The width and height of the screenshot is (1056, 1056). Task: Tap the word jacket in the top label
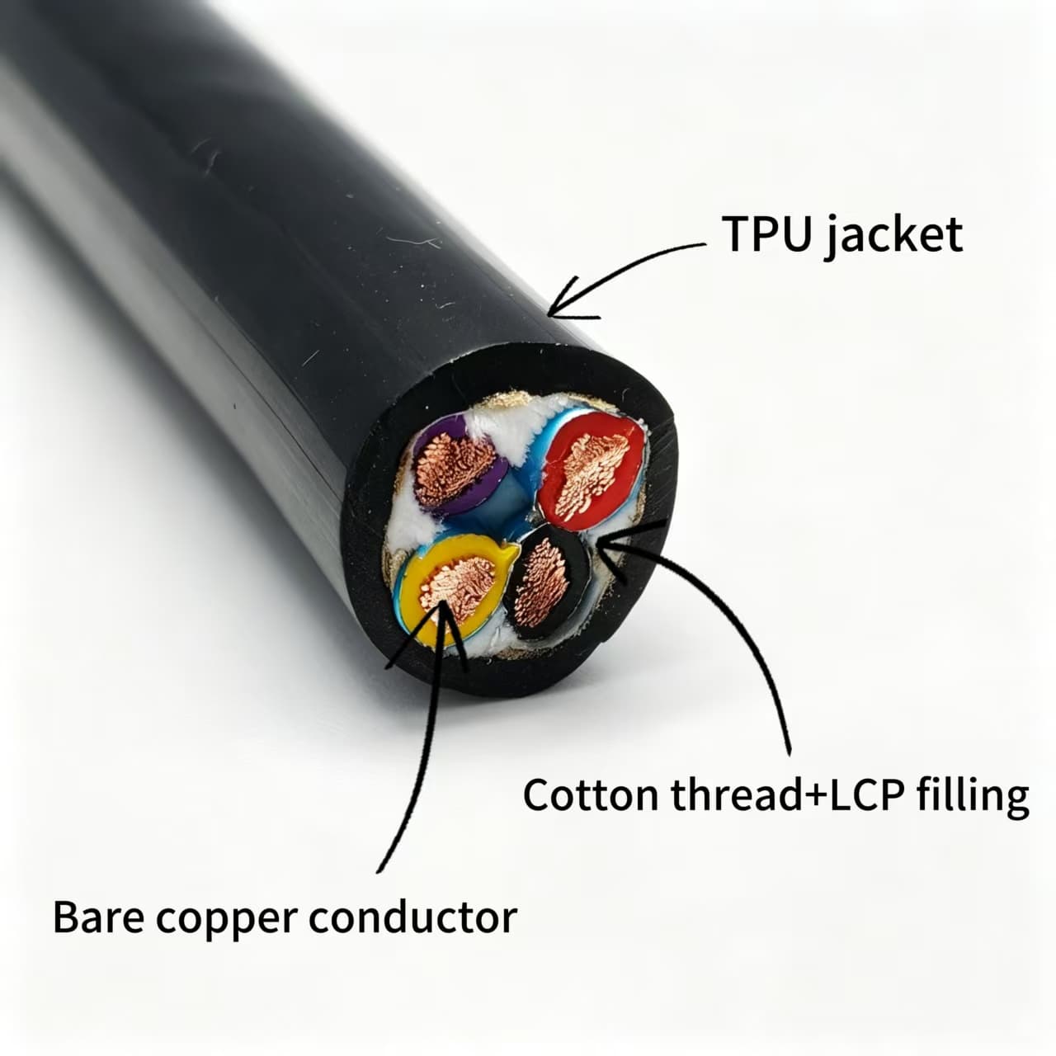(894, 236)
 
